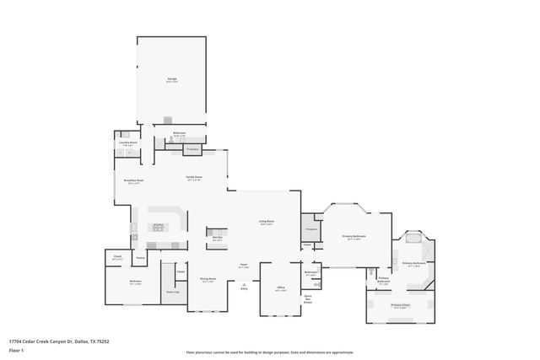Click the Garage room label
pos(171,79)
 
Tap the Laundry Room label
pos(128,143)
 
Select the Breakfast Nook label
pos(134,181)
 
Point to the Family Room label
pos(194,178)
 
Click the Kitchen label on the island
pos(158,224)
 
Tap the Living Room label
pos(267,223)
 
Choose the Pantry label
pos(140,258)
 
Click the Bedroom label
pos(135,282)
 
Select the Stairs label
pos(173,291)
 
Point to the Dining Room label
pos(208,280)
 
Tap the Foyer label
pos(243,265)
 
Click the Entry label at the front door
pos(244,288)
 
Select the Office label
pos(281,288)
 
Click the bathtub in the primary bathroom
pos(413,239)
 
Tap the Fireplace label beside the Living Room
pos(309,229)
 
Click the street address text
pos(59,341)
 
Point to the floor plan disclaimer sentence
pos(270,351)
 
